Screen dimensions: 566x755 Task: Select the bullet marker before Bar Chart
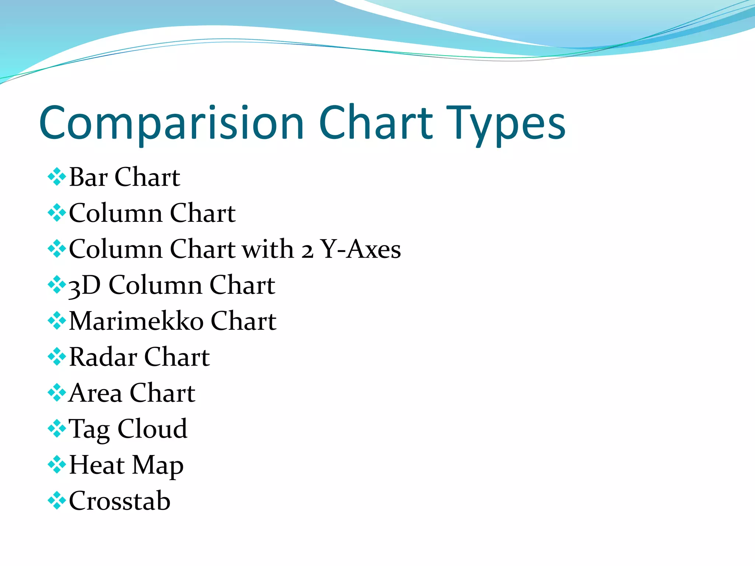[x=57, y=177]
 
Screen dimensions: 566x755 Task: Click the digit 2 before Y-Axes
[x=307, y=251]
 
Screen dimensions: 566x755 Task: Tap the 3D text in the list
[x=84, y=285]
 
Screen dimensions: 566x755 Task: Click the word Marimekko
[x=136, y=321]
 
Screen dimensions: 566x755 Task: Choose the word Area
[x=95, y=393]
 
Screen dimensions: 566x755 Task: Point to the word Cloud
[x=152, y=429]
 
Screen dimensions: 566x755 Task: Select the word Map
[x=158, y=466]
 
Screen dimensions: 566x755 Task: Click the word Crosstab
[x=120, y=501]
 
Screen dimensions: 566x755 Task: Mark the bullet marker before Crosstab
[x=57, y=500]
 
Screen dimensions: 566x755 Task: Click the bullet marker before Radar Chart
[x=57, y=357]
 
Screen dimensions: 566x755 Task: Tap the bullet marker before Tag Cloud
[x=57, y=429]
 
